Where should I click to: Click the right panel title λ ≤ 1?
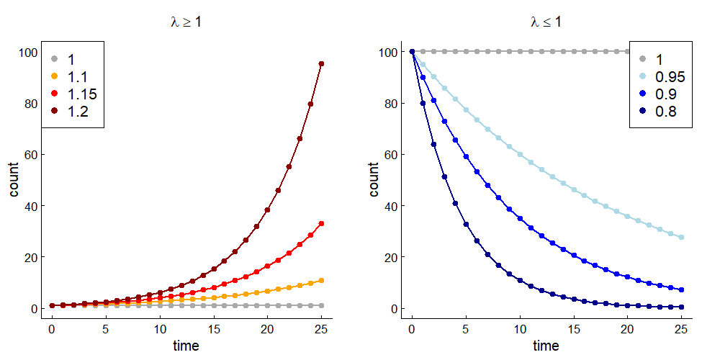[x=546, y=22]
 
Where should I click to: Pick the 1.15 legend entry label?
[x=82, y=93]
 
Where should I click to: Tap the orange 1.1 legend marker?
[x=54, y=76]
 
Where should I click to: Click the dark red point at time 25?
[x=321, y=64]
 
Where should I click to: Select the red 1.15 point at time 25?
[x=321, y=224]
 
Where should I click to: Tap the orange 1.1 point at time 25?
[x=321, y=280]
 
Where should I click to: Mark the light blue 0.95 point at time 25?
[x=681, y=237]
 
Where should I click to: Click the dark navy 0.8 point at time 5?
[x=466, y=224]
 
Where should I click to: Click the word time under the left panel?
[x=186, y=346]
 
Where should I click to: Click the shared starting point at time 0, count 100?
[x=412, y=52]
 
